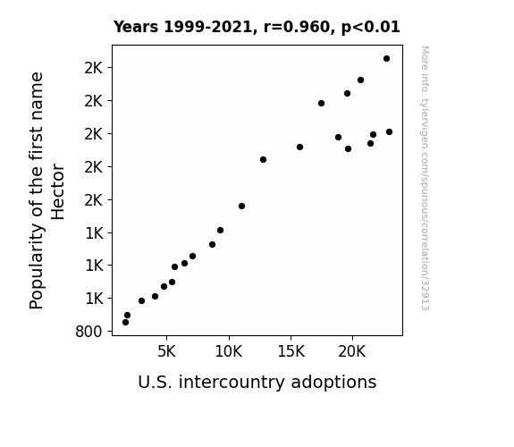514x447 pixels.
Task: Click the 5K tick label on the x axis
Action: tap(166, 352)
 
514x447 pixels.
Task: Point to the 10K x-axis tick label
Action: tap(229, 352)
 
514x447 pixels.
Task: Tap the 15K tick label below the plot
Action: tap(291, 352)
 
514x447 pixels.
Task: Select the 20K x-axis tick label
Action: tap(352, 352)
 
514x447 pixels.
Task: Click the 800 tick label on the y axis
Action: tap(88, 332)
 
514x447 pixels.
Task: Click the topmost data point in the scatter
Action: tap(386, 59)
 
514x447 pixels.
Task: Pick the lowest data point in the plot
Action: tap(125, 323)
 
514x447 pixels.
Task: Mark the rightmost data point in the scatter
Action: tap(389, 131)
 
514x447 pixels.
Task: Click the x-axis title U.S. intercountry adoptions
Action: tap(257, 382)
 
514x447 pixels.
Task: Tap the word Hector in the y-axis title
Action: tap(58, 192)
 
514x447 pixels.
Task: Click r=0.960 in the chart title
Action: tap(297, 27)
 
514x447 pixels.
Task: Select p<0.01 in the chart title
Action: tap(370, 27)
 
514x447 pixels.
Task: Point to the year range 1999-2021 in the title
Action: tap(207, 27)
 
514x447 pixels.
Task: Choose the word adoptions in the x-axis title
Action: tap(333, 382)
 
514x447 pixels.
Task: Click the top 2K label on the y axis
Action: tap(94, 68)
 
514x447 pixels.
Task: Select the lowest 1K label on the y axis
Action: tap(94, 299)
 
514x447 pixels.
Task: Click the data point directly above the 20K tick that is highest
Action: tap(347, 94)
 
